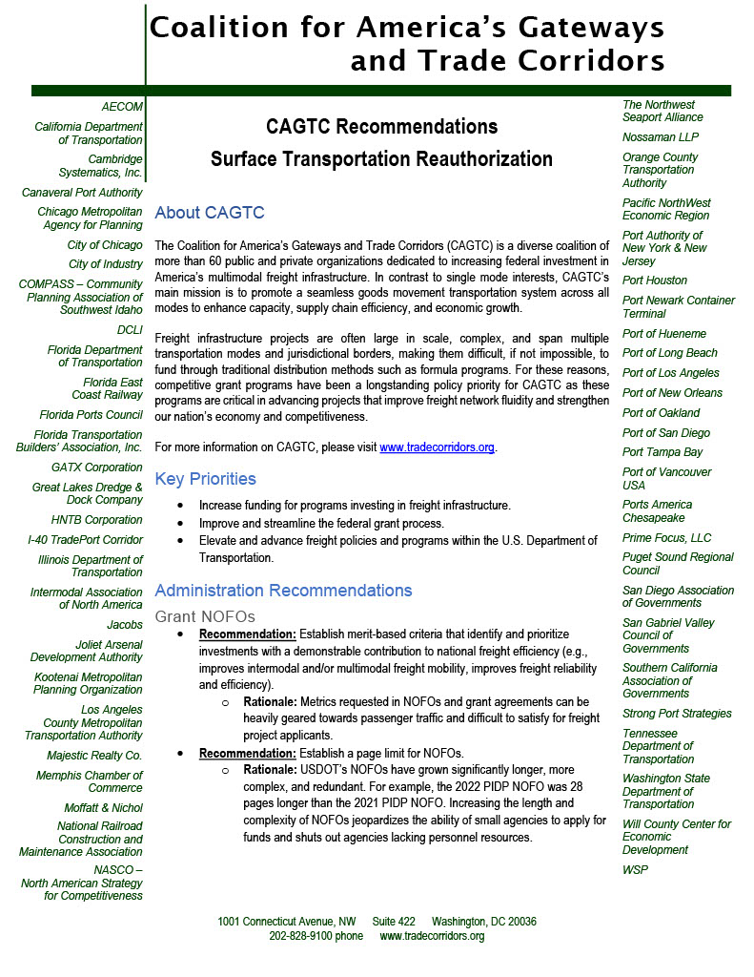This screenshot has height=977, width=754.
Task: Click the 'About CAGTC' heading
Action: click(209, 213)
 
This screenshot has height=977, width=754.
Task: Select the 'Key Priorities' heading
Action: click(205, 478)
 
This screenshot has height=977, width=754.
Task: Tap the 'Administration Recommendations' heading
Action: click(283, 590)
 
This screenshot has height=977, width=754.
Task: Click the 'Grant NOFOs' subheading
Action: click(205, 616)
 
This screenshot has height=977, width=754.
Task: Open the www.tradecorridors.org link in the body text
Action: click(438, 447)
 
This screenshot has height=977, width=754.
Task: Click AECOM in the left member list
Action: click(122, 107)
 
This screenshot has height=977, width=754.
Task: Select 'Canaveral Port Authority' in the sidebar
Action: click(82, 192)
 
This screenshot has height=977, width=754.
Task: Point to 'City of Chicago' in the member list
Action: click(105, 245)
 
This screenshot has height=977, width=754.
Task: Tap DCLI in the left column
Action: click(129, 330)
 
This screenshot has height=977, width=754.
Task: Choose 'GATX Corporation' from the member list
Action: click(97, 468)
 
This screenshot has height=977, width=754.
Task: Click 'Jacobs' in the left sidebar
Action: click(125, 625)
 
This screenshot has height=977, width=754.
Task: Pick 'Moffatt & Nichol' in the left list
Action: click(103, 807)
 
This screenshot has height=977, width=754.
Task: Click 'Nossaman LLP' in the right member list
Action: click(661, 137)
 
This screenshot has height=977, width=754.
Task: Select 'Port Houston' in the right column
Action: click(655, 281)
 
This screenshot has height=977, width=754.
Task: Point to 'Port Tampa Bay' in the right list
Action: click(662, 452)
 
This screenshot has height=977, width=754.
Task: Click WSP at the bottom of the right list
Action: click(635, 870)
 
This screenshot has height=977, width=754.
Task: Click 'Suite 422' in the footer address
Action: click(394, 922)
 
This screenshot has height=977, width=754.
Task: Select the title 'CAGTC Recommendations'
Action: click(381, 126)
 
